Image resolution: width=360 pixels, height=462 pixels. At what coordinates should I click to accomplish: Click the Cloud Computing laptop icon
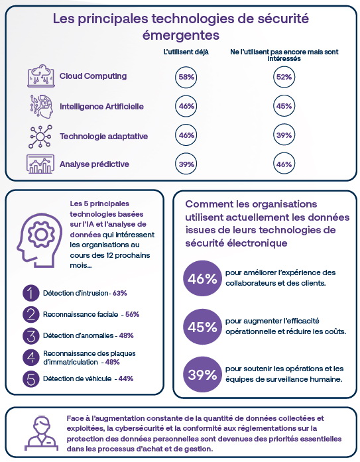click(x=41, y=76)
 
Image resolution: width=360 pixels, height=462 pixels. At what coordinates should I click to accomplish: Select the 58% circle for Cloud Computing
click(x=186, y=77)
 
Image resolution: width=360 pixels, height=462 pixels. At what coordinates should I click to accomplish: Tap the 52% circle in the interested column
click(x=284, y=77)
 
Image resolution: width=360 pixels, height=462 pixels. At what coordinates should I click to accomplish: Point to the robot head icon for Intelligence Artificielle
click(x=41, y=106)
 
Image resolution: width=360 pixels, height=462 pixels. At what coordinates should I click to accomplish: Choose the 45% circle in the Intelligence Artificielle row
click(x=284, y=106)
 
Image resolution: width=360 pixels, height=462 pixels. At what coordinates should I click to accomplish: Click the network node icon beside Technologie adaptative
click(x=40, y=137)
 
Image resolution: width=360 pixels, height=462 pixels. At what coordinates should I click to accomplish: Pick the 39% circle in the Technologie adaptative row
click(x=284, y=135)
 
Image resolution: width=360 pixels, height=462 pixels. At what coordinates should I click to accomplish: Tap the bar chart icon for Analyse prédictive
click(x=40, y=164)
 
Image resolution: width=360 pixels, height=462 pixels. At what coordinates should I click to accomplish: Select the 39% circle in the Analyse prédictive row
click(x=186, y=164)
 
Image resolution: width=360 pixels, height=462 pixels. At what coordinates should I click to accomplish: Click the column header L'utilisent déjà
click(x=186, y=52)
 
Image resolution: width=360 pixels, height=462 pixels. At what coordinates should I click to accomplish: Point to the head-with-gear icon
click(x=40, y=240)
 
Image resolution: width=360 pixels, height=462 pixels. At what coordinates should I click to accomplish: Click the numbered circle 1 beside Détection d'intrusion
click(x=31, y=293)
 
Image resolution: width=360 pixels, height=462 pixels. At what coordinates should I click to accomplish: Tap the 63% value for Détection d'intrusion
click(x=120, y=293)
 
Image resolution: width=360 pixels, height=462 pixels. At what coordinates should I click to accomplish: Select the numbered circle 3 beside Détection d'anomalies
click(x=31, y=336)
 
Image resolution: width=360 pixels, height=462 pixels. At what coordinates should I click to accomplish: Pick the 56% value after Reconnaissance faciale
click(x=133, y=314)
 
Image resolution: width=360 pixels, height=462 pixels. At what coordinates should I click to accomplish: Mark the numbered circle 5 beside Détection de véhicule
click(x=31, y=378)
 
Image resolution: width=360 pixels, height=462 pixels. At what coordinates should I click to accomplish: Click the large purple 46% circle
click(x=202, y=278)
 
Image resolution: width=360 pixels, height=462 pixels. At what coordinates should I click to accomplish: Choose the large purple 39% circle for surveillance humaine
click(x=202, y=375)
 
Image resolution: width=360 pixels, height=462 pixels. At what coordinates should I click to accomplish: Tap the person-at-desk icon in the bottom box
click(x=41, y=433)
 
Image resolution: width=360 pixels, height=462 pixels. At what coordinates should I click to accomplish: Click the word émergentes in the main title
click(x=181, y=35)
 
